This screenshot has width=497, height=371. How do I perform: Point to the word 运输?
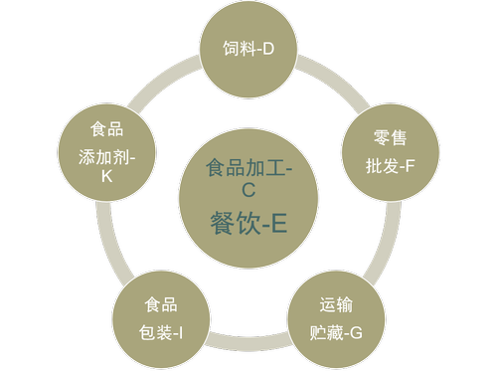[x=335, y=304]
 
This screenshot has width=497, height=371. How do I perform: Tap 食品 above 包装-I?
[x=161, y=304]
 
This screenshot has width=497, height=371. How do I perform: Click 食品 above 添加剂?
[x=107, y=130]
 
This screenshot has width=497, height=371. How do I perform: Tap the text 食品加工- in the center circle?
[x=248, y=168]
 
